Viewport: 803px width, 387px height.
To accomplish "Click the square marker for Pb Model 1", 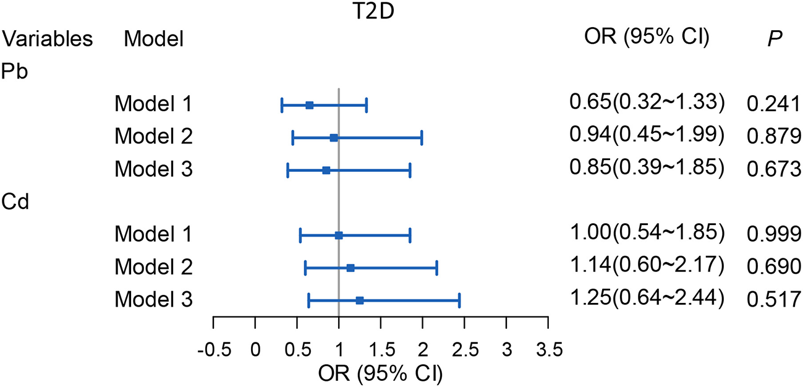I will coord(309,105).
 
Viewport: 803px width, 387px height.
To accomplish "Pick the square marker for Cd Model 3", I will coord(359,300).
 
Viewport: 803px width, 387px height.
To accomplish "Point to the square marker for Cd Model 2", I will coord(351,268).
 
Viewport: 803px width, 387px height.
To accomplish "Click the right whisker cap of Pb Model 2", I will coord(422,138).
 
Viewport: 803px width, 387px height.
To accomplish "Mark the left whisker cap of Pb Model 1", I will coord(282,105).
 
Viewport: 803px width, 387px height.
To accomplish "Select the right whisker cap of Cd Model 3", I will coord(459,300).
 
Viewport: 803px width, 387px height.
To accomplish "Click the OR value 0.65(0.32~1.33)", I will coord(645,101).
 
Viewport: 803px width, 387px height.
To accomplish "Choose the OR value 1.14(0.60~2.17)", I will coord(645,265).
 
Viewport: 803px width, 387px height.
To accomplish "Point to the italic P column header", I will coord(771,39).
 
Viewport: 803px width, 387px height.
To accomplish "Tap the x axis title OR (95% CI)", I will coord(380,375).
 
